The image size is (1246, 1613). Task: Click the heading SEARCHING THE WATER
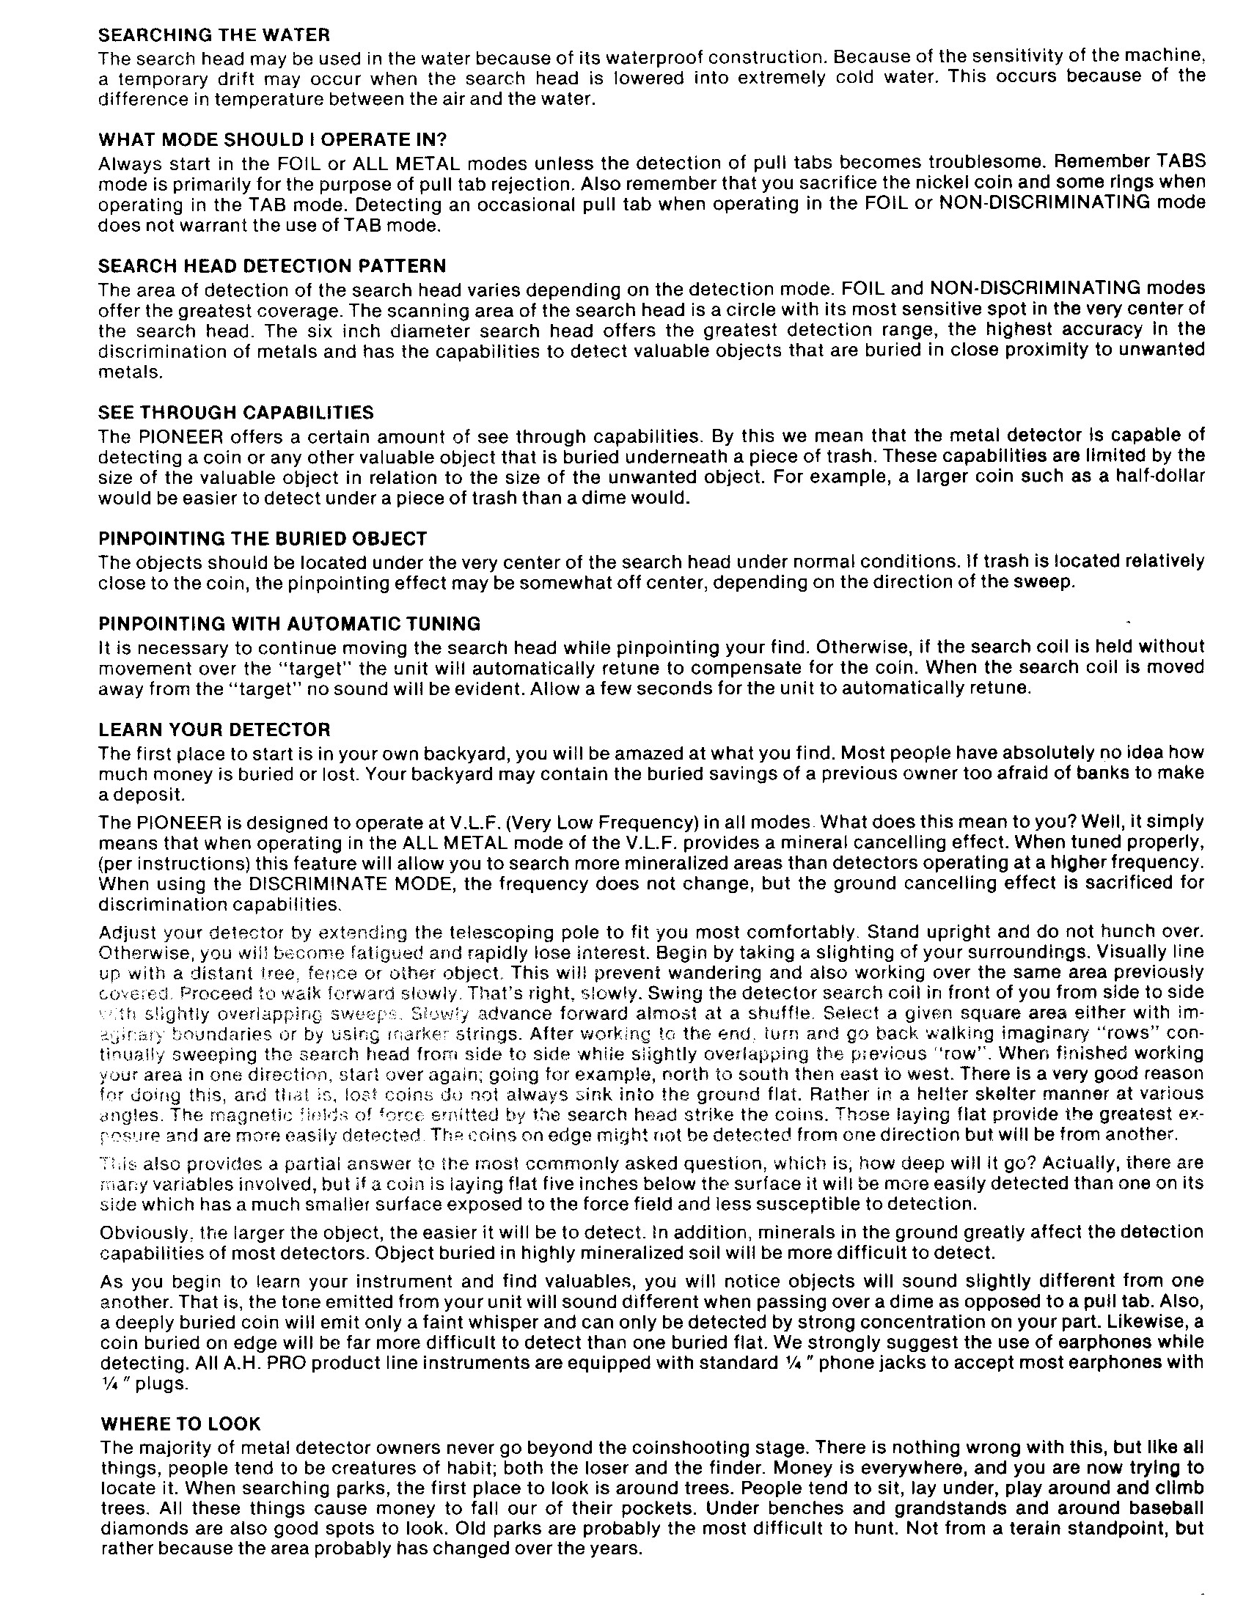(x=214, y=34)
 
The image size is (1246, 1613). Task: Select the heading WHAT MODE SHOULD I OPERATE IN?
(x=274, y=139)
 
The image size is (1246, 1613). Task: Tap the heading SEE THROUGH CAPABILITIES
(x=236, y=412)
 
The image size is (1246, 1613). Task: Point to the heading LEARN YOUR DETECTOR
(x=215, y=730)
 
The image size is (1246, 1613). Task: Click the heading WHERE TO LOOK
(x=180, y=1423)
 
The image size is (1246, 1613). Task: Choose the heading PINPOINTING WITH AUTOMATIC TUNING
(x=290, y=624)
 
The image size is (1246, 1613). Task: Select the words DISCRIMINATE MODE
(x=337, y=883)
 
